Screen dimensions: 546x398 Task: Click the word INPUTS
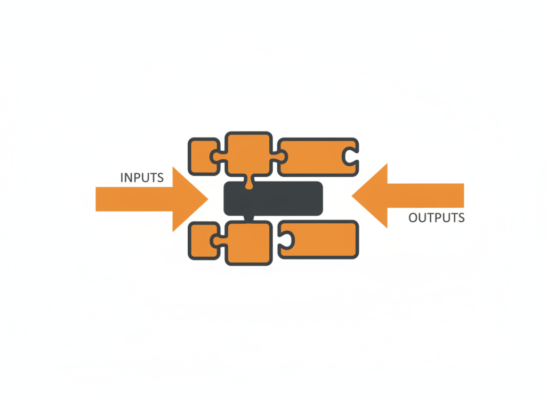(x=142, y=178)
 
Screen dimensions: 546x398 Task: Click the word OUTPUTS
(x=437, y=218)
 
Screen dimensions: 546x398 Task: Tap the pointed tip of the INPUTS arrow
(x=208, y=199)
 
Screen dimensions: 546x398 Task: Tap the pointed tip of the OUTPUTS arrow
(x=352, y=196)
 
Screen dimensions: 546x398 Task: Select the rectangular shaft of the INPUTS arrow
(x=134, y=199)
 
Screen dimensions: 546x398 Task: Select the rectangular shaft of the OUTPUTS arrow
(x=425, y=196)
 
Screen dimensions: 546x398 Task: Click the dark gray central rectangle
(x=274, y=198)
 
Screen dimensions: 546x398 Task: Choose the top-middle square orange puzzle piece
(x=248, y=154)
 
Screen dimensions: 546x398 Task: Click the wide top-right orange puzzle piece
(x=318, y=157)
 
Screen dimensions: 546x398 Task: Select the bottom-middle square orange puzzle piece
(x=248, y=243)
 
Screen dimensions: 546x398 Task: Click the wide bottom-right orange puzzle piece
(x=318, y=239)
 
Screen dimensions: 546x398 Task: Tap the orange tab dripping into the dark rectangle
(x=249, y=182)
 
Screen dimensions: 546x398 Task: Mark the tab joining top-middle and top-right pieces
(x=279, y=157)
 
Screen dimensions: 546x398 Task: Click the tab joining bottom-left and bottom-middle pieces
(x=218, y=240)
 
